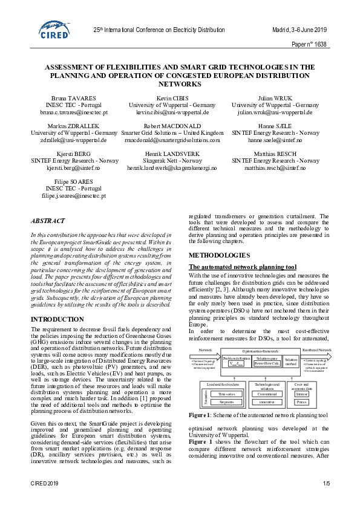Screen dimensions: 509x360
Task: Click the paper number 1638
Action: coord(309,45)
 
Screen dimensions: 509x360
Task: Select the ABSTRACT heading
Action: coord(48,221)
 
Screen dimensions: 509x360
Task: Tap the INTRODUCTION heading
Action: coord(57,319)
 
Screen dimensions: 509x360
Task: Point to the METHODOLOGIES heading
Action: coord(218,256)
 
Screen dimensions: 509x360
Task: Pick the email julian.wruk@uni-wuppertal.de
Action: coord(275,112)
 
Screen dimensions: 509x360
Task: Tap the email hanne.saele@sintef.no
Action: coord(275,140)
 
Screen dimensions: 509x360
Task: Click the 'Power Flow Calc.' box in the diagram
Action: coord(267,363)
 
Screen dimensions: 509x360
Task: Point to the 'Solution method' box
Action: coord(292,361)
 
